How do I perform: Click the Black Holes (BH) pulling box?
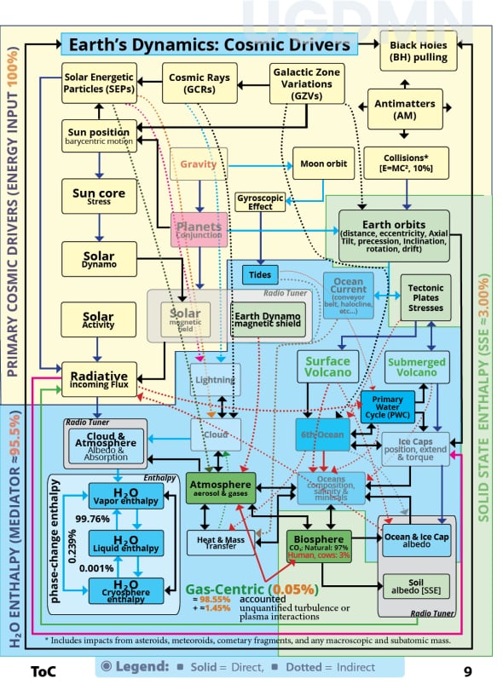coord(418,52)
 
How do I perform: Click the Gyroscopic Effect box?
coord(259,203)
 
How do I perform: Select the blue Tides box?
coord(260,274)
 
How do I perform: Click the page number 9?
coord(467,671)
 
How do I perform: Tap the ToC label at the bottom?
coord(43,671)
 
